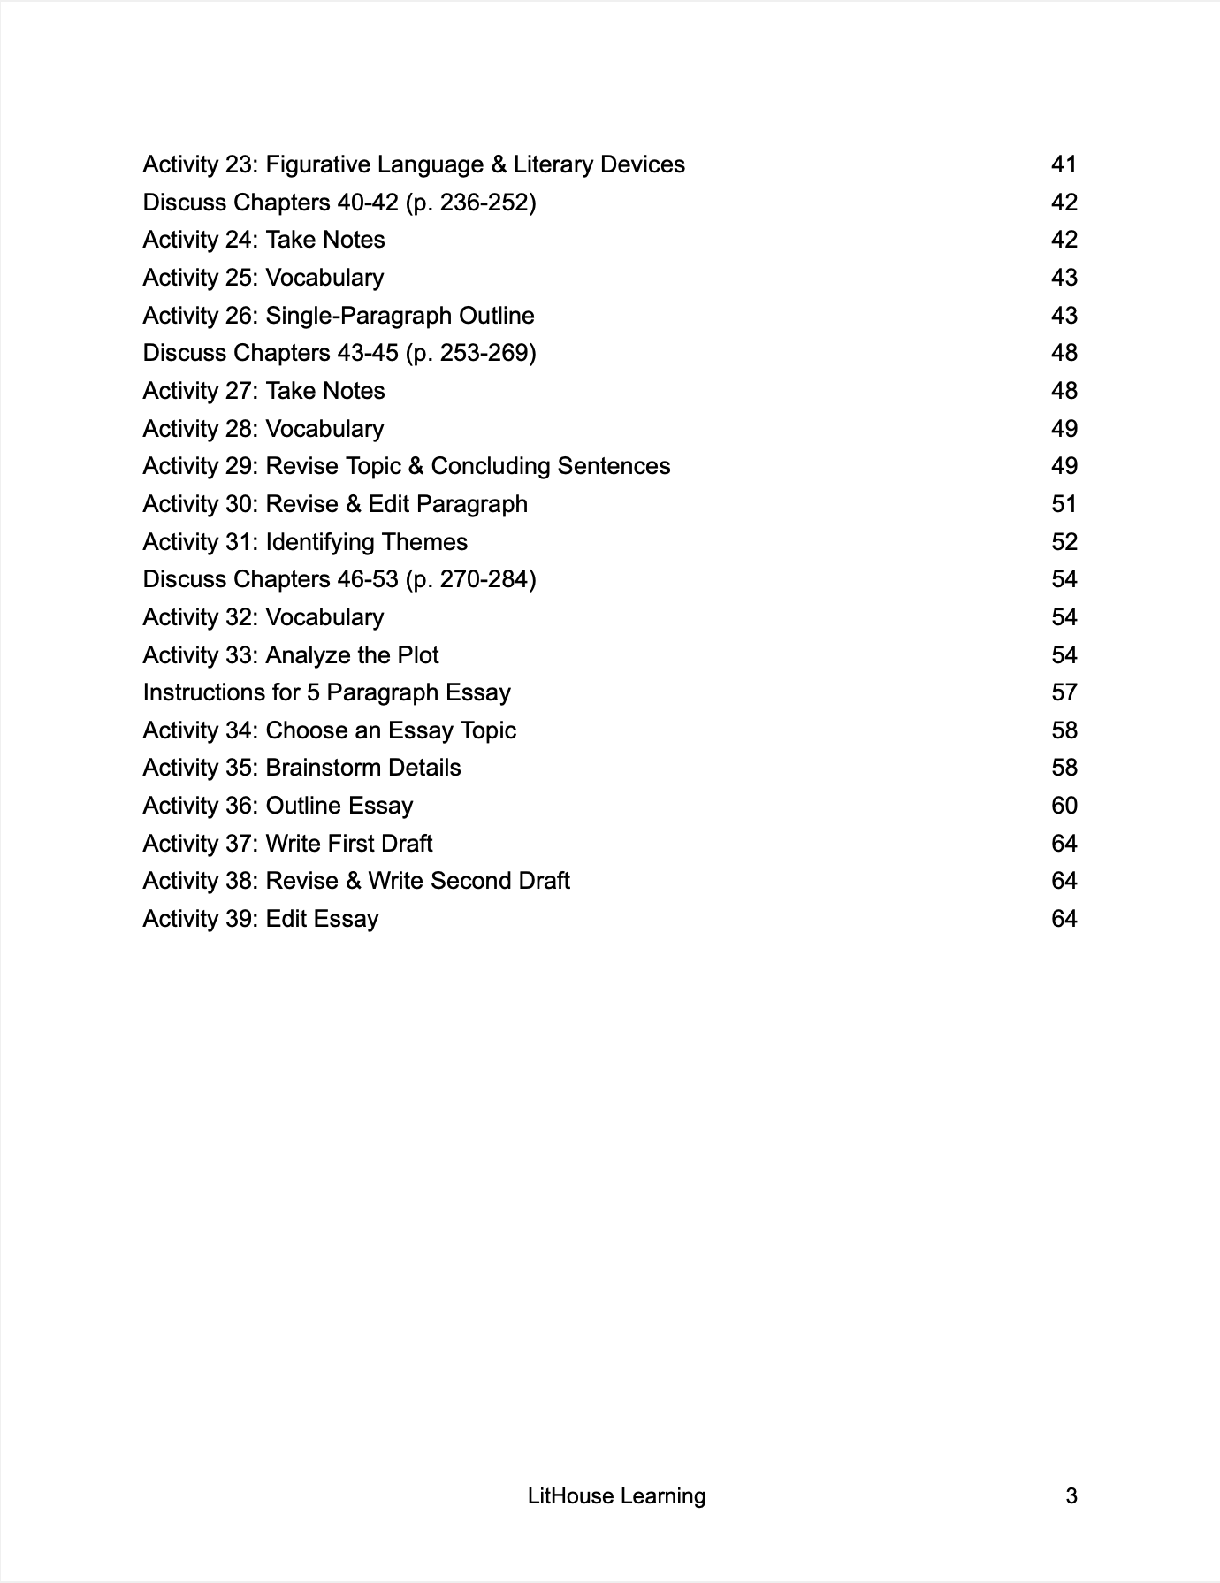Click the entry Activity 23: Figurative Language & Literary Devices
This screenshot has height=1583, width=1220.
click(414, 164)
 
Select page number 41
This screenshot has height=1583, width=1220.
click(1064, 164)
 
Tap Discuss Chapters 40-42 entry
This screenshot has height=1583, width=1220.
click(339, 203)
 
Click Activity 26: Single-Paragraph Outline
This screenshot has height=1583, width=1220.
click(339, 316)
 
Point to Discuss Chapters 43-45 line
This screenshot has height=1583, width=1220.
click(339, 353)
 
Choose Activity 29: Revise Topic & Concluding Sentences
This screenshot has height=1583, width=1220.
click(407, 466)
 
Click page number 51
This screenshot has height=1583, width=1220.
click(1064, 504)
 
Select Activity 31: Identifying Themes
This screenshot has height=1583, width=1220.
click(305, 542)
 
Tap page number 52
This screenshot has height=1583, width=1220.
click(1064, 542)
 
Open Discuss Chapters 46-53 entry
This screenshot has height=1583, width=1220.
click(339, 579)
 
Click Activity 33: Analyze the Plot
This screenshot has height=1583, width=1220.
click(291, 655)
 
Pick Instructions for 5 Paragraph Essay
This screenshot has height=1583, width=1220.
click(327, 692)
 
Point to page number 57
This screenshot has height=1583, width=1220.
click(1064, 692)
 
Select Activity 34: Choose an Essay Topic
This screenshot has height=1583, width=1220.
click(329, 730)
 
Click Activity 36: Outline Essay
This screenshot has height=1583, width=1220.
click(278, 806)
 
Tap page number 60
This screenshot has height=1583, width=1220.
click(1064, 806)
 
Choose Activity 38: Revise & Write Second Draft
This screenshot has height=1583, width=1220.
click(356, 881)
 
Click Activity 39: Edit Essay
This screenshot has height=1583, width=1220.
click(261, 919)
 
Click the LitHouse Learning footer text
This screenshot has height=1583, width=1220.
click(616, 1496)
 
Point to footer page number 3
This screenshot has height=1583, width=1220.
click(1071, 1496)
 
